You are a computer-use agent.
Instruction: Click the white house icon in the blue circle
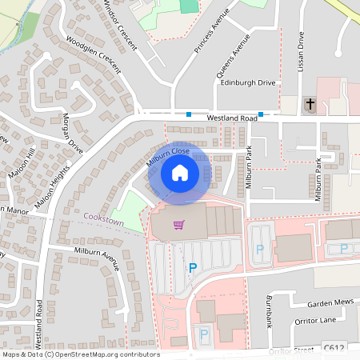(x=179, y=172)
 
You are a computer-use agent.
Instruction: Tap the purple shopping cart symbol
(x=178, y=225)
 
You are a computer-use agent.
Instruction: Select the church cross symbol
(x=310, y=104)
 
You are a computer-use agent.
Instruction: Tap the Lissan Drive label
(x=302, y=50)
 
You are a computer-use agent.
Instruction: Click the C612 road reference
(x=334, y=348)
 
